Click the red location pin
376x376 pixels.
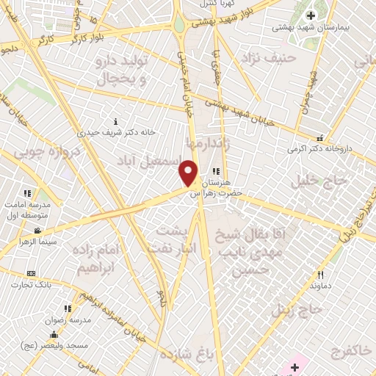point(189,173)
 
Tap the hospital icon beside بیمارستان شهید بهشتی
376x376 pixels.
point(310,15)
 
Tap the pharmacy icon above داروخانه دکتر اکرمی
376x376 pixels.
point(319,137)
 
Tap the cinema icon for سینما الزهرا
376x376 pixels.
point(37,231)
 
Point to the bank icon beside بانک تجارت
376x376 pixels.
point(31,273)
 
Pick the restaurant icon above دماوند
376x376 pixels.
point(319,275)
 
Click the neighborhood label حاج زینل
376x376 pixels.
point(297,309)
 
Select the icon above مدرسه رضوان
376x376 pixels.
point(67,309)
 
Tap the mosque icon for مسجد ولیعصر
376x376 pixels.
point(54,335)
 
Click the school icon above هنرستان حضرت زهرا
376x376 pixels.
point(215,171)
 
